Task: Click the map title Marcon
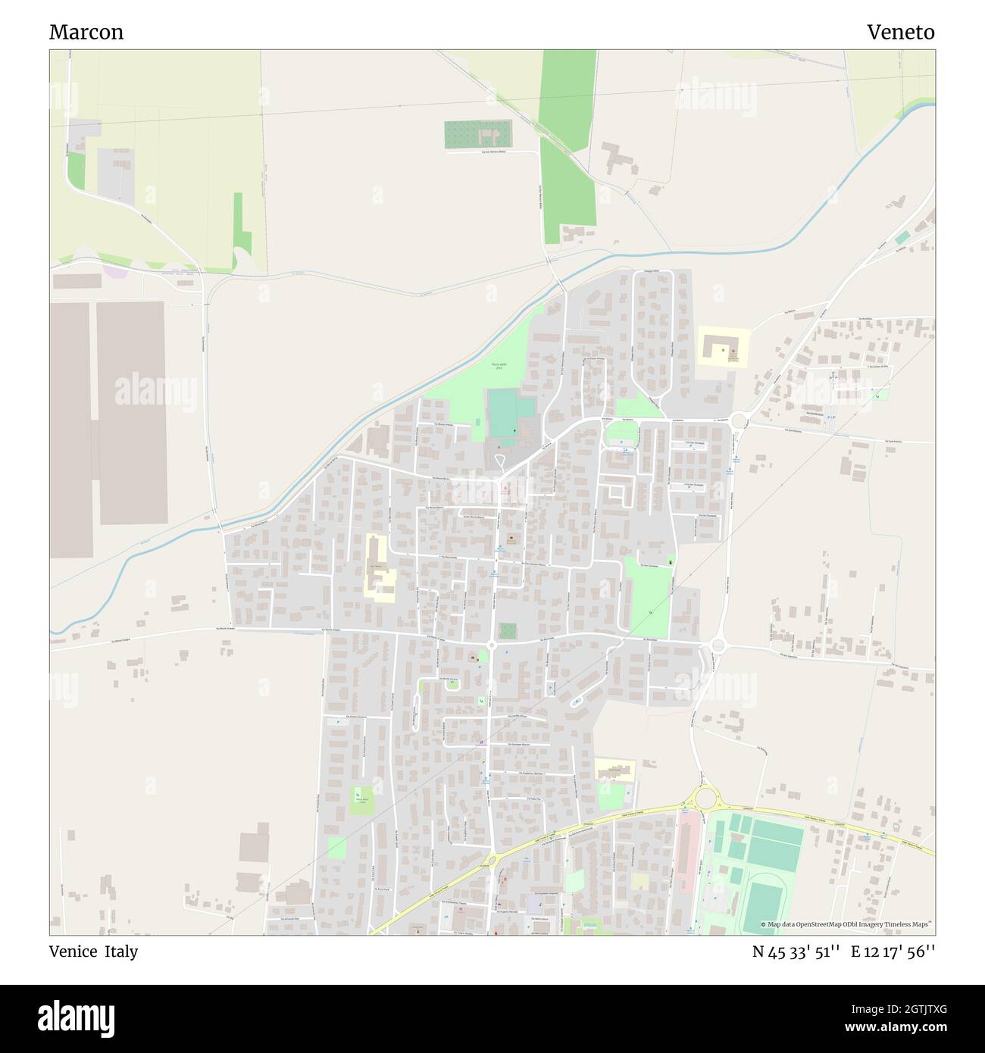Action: [x=86, y=33]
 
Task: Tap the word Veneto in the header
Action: [x=900, y=33]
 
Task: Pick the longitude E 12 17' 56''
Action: [x=893, y=952]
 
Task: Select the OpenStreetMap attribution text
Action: [x=849, y=924]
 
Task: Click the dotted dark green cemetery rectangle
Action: [x=477, y=135]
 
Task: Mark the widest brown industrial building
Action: [x=132, y=413]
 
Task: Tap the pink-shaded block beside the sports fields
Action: [x=687, y=841]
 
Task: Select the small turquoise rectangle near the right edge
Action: [x=902, y=238]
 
